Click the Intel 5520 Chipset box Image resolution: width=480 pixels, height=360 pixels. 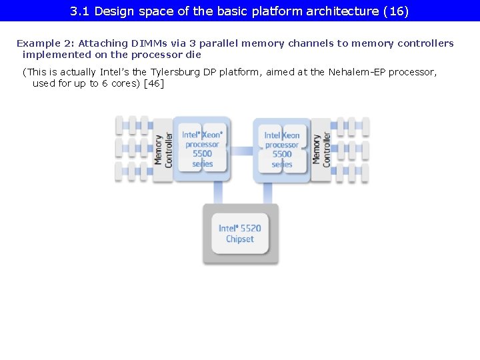[240, 233]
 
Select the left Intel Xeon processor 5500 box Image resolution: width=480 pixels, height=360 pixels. [202, 149]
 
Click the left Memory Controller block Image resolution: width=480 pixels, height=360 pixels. [163, 149]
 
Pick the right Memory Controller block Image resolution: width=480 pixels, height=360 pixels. [321, 149]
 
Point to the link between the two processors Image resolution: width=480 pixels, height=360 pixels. [241, 151]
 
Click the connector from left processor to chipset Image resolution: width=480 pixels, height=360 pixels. [218, 193]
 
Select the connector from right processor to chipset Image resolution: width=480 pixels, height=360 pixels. [267, 193]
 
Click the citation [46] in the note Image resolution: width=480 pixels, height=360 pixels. [153, 83]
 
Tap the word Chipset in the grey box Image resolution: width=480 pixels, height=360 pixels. [240, 239]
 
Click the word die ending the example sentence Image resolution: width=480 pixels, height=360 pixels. [193, 55]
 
